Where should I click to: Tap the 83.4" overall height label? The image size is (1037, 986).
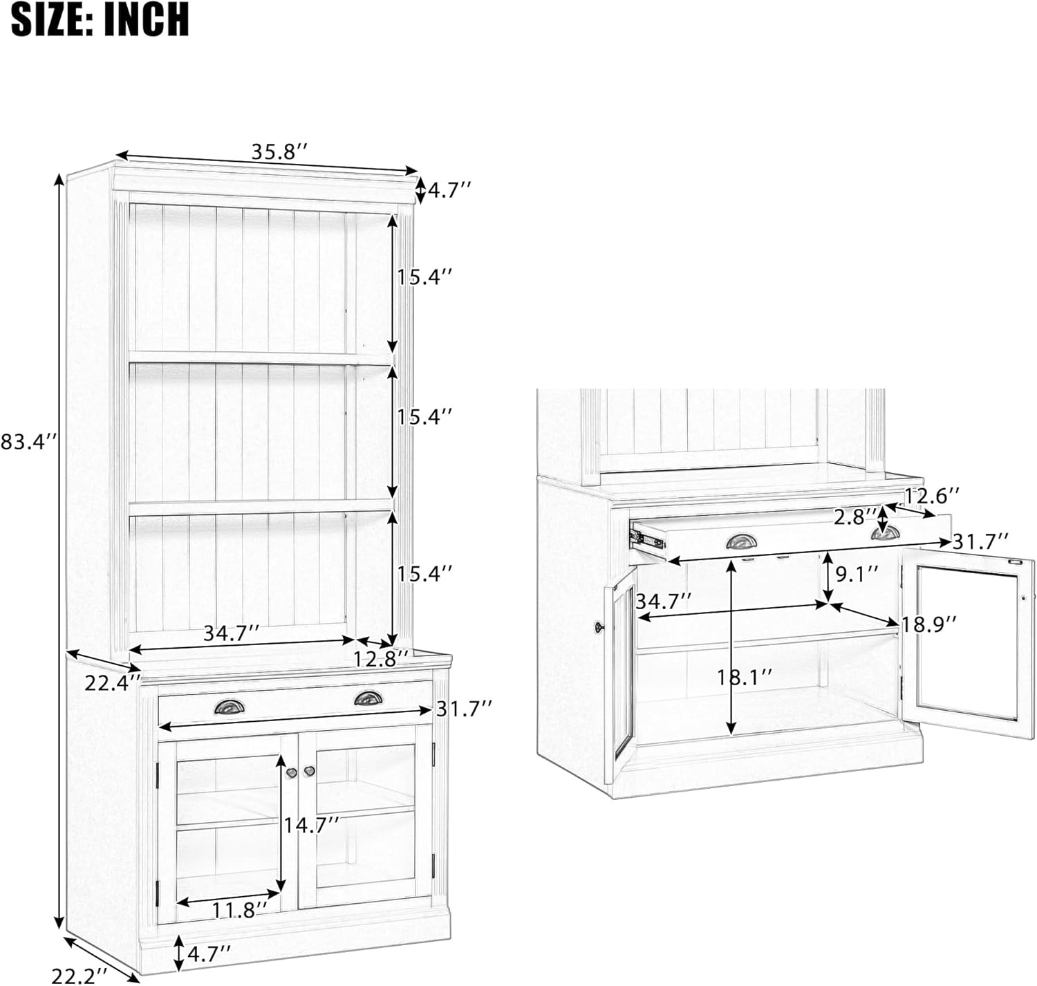point(28,441)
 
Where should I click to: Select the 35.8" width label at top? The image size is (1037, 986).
point(279,151)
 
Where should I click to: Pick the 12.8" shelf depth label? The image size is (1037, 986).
point(381,659)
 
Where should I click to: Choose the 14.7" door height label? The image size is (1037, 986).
point(312,825)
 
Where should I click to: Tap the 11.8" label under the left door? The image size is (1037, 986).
point(240,910)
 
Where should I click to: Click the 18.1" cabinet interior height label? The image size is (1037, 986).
point(745,678)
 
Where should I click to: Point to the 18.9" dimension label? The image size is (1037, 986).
point(928,624)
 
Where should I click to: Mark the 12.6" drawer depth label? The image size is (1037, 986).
point(932,496)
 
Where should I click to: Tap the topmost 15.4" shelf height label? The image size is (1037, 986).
point(424,277)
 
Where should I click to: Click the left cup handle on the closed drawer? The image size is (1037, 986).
point(230,707)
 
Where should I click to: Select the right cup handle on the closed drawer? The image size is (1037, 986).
point(368,698)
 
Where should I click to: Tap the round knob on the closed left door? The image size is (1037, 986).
point(290,772)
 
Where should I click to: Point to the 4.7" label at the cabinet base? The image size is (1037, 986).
point(209,954)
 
